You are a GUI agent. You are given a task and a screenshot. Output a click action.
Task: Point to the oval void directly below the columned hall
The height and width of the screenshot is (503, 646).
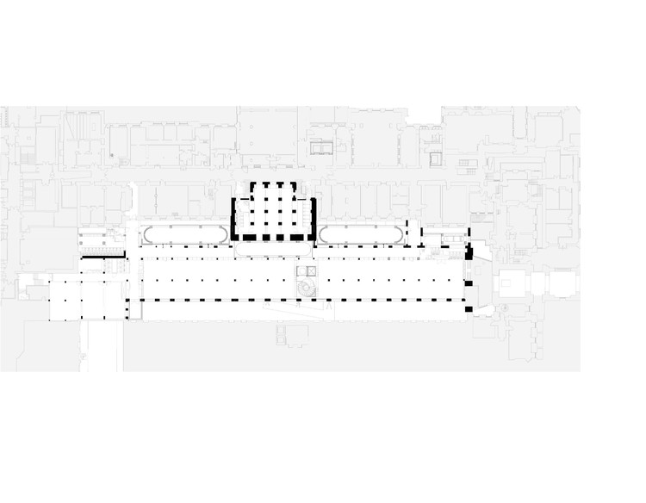coord(274,249)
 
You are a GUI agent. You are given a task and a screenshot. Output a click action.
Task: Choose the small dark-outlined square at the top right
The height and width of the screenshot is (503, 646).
coord(436,158)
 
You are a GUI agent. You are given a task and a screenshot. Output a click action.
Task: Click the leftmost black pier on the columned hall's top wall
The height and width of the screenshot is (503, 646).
coord(252,185)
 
